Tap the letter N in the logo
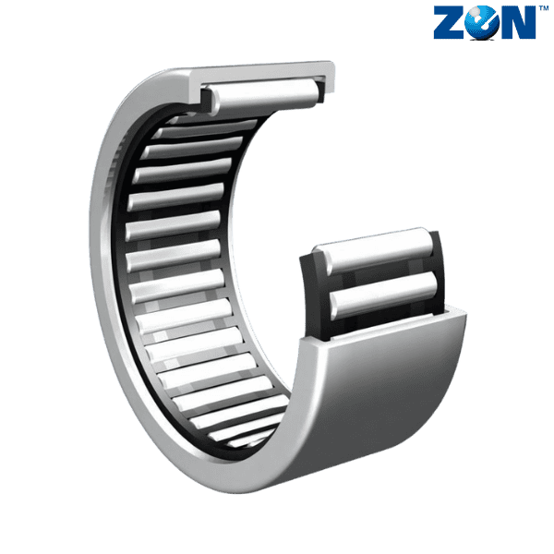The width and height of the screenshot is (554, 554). point(516,23)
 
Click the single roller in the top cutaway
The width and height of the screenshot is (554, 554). point(261,90)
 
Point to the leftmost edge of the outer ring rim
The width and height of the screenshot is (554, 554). point(95,277)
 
